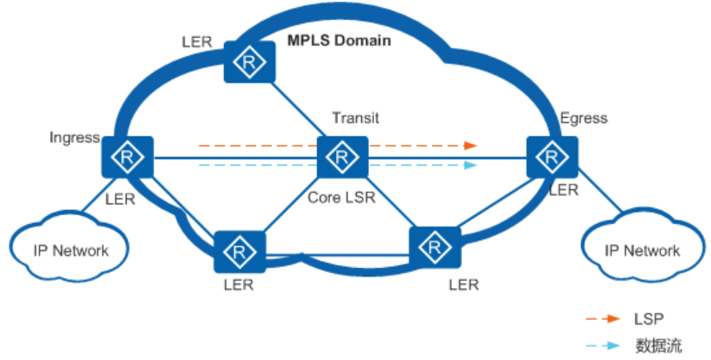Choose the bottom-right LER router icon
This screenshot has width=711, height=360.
pyautogui.click(x=434, y=250)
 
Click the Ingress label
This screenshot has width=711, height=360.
pyautogui.click(x=75, y=138)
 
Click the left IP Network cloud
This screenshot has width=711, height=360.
pyautogui.click(x=71, y=251)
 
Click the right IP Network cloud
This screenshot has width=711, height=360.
pyautogui.click(x=643, y=251)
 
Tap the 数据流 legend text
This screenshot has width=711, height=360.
pyautogui.click(x=658, y=345)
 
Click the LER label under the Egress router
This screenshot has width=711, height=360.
pyautogui.click(x=564, y=191)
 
